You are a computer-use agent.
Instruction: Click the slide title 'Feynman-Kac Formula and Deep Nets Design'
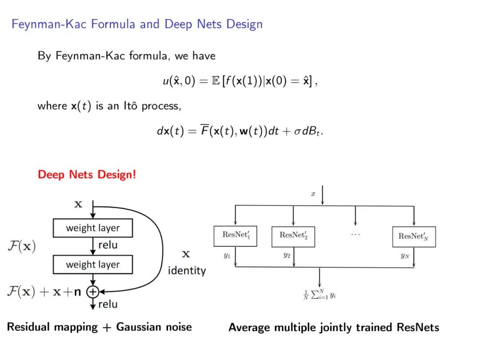pyautogui.click(x=137, y=24)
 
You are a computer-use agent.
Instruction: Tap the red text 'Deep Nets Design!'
pyautogui.click(x=87, y=174)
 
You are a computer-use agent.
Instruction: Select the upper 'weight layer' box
pyautogui.click(x=93, y=228)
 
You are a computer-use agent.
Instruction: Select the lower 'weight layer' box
pyautogui.click(x=93, y=264)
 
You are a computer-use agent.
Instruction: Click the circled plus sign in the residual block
pyautogui.click(x=92, y=292)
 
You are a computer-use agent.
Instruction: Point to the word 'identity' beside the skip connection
pyautogui.click(x=187, y=270)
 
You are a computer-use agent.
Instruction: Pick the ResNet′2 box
pyautogui.click(x=293, y=236)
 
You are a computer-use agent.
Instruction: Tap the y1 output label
pyautogui.click(x=227, y=256)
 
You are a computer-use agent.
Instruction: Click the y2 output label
pyautogui.click(x=287, y=256)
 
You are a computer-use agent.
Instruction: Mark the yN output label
pyautogui.click(x=404, y=256)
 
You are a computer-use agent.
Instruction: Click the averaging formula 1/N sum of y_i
pyautogui.click(x=320, y=295)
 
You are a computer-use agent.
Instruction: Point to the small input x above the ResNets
pyautogui.click(x=313, y=194)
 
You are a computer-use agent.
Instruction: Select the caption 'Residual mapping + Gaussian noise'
pyautogui.click(x=100, y=327)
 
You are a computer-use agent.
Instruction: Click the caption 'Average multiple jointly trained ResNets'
pyautogui.click(x=334, y=328)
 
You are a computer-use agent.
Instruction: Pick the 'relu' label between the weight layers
pyautogui.click(x=108, y=245)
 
